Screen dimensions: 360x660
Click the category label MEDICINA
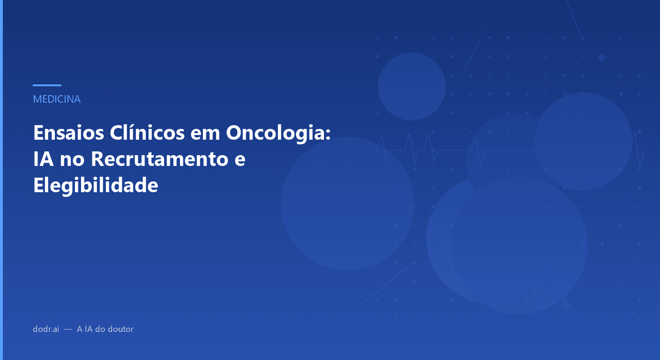[57, 99]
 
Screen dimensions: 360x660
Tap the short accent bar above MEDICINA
[47, 85]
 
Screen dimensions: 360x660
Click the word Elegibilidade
[96, 186]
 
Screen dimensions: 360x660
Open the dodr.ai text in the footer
[46, 329]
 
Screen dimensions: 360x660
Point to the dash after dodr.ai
[68, 329]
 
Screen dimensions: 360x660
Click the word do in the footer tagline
[100, 329]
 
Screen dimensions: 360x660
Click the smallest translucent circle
[412, 86]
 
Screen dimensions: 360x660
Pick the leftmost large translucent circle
[347, 203]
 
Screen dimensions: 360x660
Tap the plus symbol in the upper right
[601, 58]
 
